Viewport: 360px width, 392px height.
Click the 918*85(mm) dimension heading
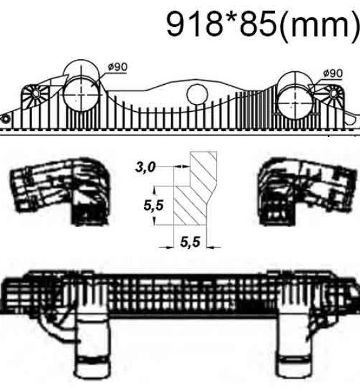click(263, 24)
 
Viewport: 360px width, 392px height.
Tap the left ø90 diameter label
click(118, 67)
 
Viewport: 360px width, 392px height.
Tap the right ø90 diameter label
click(333, 73)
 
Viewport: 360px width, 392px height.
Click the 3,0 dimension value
click(145, 167)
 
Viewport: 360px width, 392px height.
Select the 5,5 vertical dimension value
click(154, 206)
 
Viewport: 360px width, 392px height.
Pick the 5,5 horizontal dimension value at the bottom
click(190, 242)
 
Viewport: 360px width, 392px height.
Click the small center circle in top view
click(197, 94)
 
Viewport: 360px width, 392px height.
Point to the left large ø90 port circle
click(81, 94)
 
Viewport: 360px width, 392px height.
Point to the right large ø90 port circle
click(296, 105)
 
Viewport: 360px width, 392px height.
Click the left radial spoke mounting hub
click(35, 94)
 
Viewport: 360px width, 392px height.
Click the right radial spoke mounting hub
click(334, 93)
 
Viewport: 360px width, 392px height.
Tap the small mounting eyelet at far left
click(5, 120)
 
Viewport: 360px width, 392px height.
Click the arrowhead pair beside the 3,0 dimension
click(182, 166)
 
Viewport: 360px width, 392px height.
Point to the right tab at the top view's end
click(352, 120)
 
